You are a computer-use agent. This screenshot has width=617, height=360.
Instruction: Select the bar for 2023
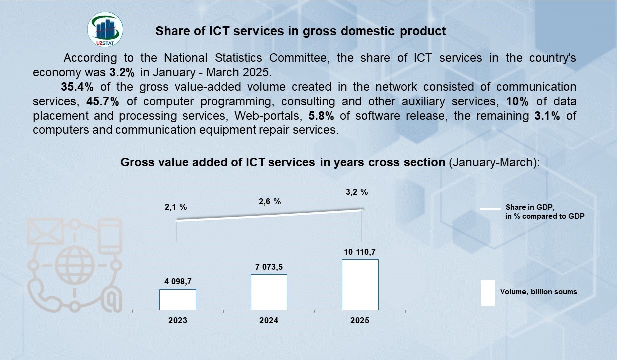(178, 299)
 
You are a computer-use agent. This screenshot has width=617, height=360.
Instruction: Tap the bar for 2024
(269, 292)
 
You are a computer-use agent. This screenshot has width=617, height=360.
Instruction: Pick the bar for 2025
(360, 284)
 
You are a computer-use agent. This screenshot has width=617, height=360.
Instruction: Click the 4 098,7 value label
(178, 282)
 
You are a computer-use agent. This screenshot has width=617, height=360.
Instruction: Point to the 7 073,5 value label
(269, 267)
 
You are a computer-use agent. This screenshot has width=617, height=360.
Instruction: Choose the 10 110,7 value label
(360, 252)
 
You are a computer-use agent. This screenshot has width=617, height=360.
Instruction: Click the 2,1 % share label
(176, 207)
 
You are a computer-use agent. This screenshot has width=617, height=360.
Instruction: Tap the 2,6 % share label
(269, 201)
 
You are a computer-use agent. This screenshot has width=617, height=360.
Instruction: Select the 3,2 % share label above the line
(357, 192)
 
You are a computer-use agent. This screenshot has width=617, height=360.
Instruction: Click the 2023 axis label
(178, 320)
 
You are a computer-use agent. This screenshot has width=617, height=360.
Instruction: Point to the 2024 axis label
(269, 320)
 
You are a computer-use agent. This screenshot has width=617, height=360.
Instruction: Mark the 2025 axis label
(360, 320)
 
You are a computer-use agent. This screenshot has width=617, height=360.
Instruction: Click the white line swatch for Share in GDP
(490, 208)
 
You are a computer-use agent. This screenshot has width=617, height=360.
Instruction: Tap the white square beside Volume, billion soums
(488, 293)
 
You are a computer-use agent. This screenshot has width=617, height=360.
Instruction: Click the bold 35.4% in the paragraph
(77, 87)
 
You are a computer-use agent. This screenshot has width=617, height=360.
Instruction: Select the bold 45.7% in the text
(102, 101)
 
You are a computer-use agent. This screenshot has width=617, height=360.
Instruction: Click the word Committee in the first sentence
(302, 58)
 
